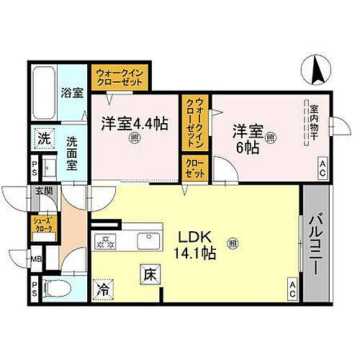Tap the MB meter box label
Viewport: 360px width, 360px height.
coord(35,257)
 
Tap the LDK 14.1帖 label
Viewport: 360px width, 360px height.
coord(189,246)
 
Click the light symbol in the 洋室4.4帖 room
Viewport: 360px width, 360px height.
coord(134,140)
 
